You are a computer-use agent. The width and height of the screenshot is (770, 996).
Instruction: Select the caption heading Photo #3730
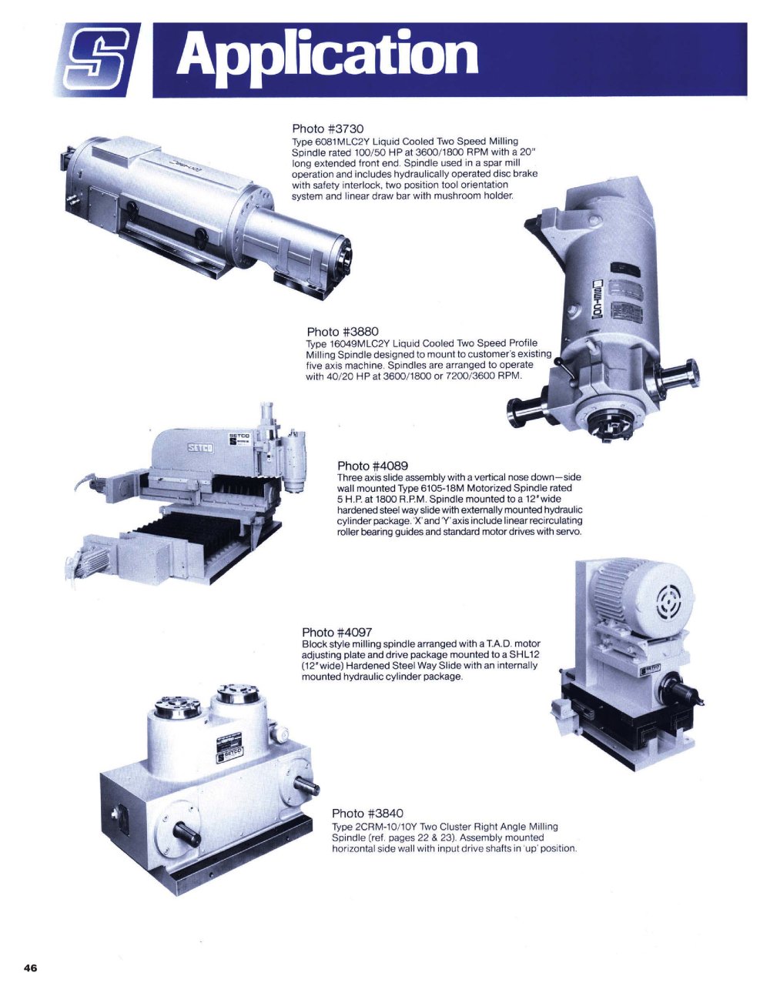click(x=328, y=129)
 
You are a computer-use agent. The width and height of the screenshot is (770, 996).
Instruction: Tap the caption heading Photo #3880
click(x=343, y=332)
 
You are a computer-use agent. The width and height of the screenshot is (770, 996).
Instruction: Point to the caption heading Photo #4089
click(x=373, y=466)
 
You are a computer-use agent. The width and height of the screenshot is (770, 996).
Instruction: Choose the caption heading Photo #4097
click(x=337, y=633)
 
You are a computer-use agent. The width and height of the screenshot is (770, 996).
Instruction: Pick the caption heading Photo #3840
click(x=367, y=813)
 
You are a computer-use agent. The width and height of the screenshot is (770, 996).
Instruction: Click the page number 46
click(x=30, y=967)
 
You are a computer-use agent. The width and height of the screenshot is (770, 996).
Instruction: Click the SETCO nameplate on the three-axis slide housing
click(x=201, y=447)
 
